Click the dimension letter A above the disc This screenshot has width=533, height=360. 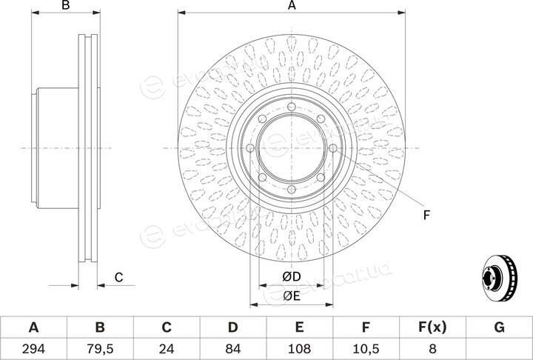tap(292, 5)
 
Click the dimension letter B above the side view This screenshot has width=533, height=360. tap(66, 5)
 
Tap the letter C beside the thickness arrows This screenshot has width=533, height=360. tap(118, 278)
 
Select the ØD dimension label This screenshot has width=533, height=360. tap(292, 277)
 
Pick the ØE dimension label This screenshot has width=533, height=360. tap(292, 296)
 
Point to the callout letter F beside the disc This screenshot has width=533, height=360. tap(426, 215)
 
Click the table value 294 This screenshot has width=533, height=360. tap(33, 349)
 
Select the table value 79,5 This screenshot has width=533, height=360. tap(100, 349)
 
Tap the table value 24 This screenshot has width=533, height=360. tap(167, 349)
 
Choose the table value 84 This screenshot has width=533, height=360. tap(233, 349)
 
